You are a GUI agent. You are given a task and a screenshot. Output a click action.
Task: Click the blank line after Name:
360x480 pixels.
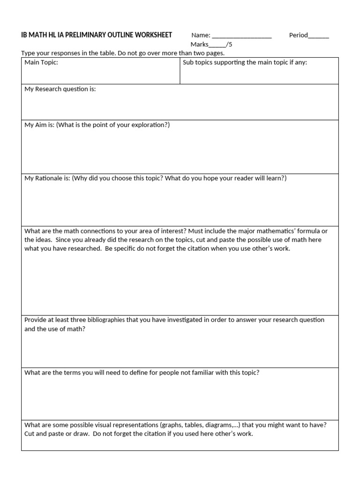[x=241, y=36]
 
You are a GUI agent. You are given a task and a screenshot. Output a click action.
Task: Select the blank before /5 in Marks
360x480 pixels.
[x=217, y=45]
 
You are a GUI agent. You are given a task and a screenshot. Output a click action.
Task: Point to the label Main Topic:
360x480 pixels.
[x=41, y=62]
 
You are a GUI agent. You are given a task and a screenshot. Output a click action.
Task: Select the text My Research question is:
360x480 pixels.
[x=60, y=89]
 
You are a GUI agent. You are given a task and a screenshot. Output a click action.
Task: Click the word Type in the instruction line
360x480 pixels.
[x=29, y=53]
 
